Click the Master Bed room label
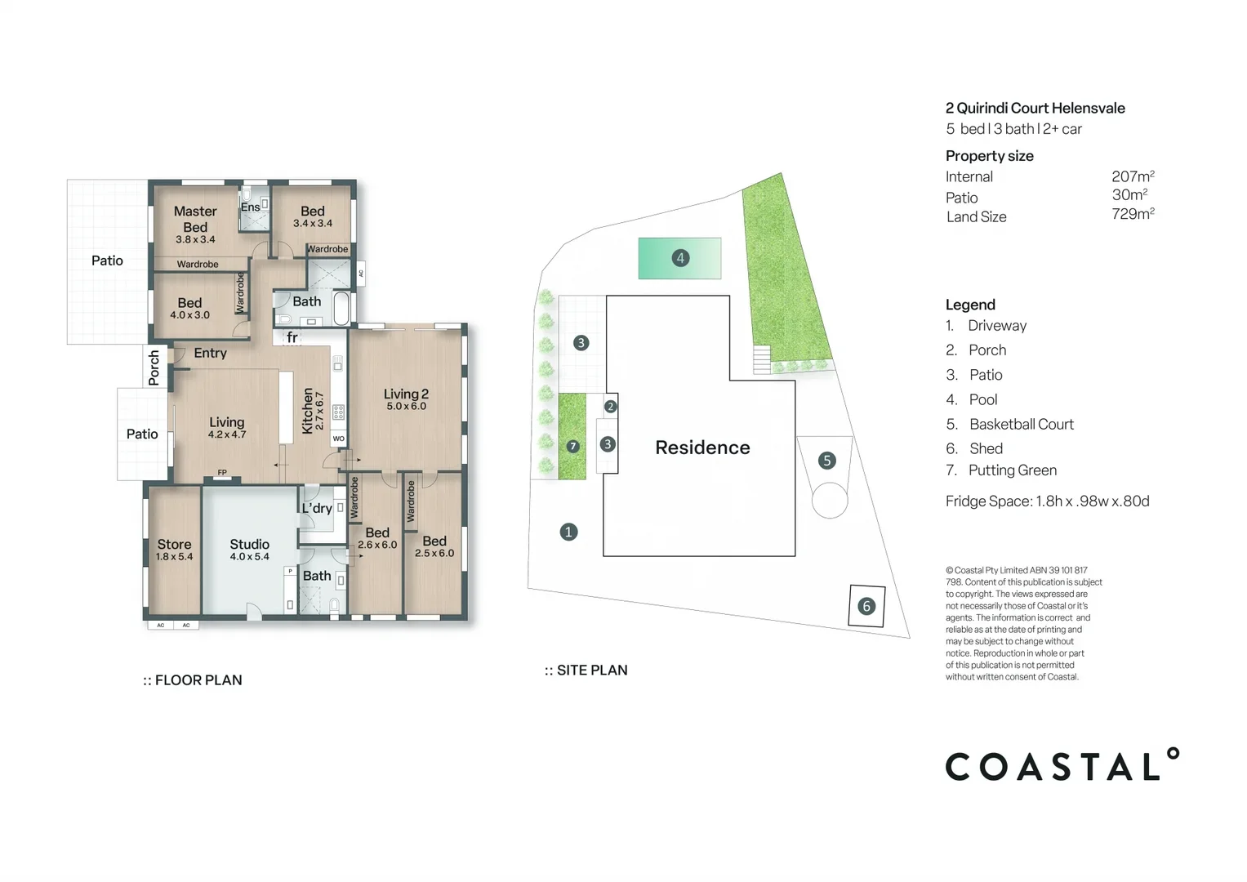point(195,219)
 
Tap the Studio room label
point(249,544)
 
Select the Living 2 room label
point(406,394)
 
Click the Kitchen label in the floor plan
point(308,410)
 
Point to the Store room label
point(174,545)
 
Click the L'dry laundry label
point(317,508)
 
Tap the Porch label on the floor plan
point(154,367)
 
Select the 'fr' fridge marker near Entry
point(292,337)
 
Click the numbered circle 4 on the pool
point(680,258)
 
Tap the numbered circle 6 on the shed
point(866,606)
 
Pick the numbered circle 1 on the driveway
point(568,532)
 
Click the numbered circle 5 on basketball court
point(826,461)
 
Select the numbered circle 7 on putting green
point(572,446)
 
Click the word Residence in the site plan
point(702,448)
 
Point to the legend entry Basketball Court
point(1021,424)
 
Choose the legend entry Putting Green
point(1012,470)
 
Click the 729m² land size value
point(1133,214)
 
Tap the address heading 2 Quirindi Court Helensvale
point(1035,108)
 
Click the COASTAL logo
point(1061,765)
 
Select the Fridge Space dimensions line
point(1047,501)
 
